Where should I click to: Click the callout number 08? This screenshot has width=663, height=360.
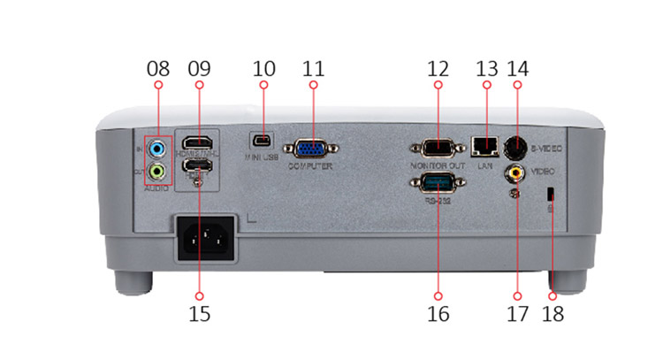click(158, 68)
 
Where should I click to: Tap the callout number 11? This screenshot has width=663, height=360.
click(314, 68)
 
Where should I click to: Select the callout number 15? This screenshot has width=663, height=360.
click(200, 313)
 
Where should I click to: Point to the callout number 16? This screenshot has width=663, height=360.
click(439, 313)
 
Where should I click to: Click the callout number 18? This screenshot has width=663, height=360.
click(553, 313)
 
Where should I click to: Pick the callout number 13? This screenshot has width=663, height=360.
click(485, 68)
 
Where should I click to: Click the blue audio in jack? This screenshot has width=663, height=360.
click(157, 147)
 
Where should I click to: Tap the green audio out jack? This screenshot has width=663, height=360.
click(157, 169)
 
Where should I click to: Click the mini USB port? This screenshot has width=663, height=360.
click(263, 141)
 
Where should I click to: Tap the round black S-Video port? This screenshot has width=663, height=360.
click(517, 145)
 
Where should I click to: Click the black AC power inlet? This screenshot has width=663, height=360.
click(207, 238)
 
